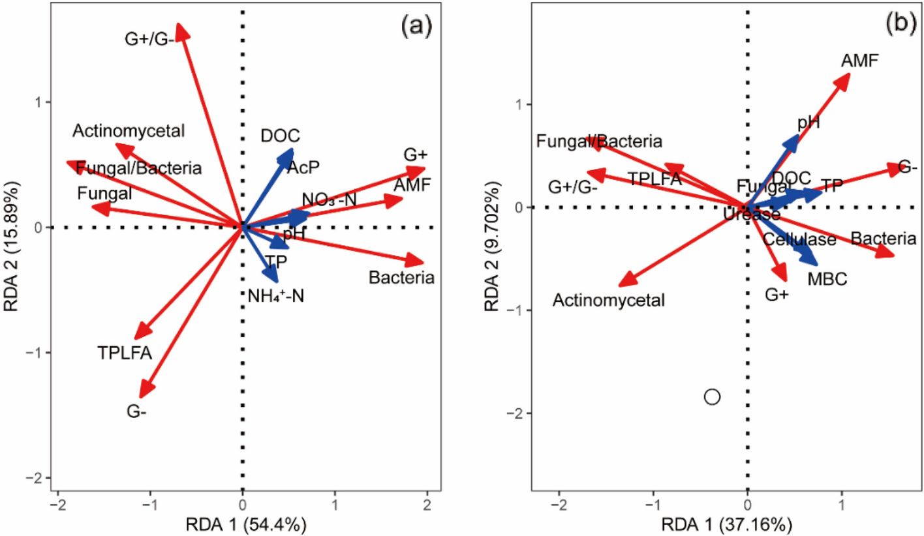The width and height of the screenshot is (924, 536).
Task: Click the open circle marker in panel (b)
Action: click(x=712, y=396)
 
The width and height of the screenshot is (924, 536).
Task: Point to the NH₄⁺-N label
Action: click(x=276, y=296)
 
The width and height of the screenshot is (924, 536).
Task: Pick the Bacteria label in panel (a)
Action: click(x=401, y=278)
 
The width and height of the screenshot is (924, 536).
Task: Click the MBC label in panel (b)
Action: click(x=827, y=280)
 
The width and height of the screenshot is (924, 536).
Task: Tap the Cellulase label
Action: click(x=799, y=240)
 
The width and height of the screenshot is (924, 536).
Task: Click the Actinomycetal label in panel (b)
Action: click(x=609, y=301)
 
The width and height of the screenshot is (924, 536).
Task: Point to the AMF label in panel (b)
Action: click(x=859, y=61)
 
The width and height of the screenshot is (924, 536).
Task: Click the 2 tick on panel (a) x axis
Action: click(x=427, y=504)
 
